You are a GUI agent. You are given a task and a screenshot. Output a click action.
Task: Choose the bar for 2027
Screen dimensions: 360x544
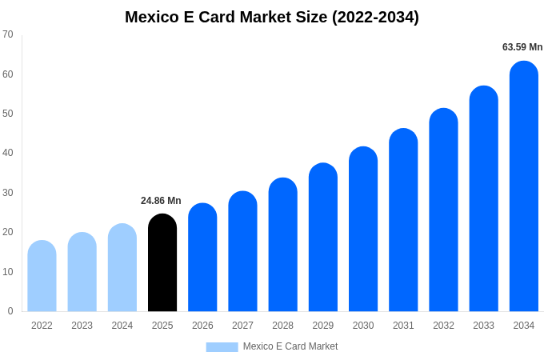click(x=242, y=251)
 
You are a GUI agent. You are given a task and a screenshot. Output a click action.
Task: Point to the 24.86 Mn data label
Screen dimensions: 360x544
click(x=161, y=201)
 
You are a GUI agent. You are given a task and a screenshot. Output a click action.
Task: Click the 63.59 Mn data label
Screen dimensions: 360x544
click(x=522, y=47)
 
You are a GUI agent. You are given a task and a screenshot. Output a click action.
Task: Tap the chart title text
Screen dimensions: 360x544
click(x=272, y=17)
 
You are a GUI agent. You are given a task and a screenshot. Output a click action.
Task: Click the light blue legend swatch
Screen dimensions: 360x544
click(x=222, y=347)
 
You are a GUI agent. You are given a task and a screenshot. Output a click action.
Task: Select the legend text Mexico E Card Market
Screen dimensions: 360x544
click(x=290, y=346)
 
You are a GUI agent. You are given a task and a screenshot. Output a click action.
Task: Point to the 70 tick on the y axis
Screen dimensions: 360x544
click(x=8, y=34)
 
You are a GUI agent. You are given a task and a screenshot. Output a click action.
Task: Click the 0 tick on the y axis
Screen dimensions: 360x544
click(x=10, y=311)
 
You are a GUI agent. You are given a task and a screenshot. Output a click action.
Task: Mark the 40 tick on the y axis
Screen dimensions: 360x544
click(x=8, y=153)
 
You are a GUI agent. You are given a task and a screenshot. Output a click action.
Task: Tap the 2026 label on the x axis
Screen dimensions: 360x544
click(x=202, y=326)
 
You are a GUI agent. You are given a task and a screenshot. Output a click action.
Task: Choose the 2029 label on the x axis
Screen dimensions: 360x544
click(x=323, y=326)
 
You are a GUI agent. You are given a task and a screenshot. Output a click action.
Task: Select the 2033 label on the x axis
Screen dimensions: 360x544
click(x=483, y=326)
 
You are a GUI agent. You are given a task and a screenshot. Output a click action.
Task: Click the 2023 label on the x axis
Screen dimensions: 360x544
click(x=82, y=326)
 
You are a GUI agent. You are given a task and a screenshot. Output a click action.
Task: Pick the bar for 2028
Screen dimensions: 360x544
click(x=282, y=245)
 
